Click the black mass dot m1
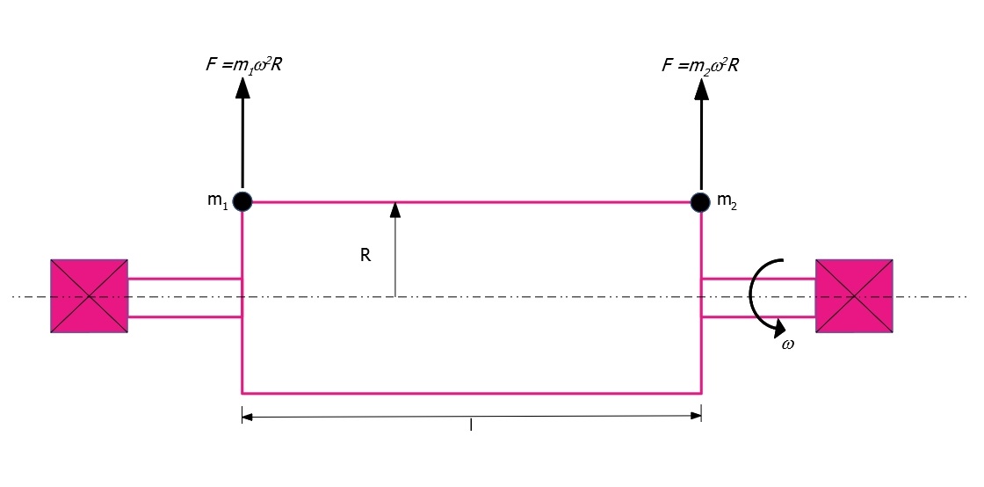[x=242, y=202]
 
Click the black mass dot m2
[x=700, y=202]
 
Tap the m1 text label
[x=219, y=203]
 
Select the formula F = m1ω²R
[x=242, y=65]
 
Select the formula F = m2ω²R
[x=700, y=65]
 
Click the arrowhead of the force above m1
[x=242, y=89]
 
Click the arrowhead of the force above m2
[x=701, y=89]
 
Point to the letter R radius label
[x=365, y=256]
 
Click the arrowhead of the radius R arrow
[x=394, y=209]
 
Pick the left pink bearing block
[x=89, y=295]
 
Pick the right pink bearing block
[x=853, y=295]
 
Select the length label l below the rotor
[x=471, y=425]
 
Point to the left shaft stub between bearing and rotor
[x=184, y=297]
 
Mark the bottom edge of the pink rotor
[x=471, y=393]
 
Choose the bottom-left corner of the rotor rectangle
[x=242, y=394]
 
